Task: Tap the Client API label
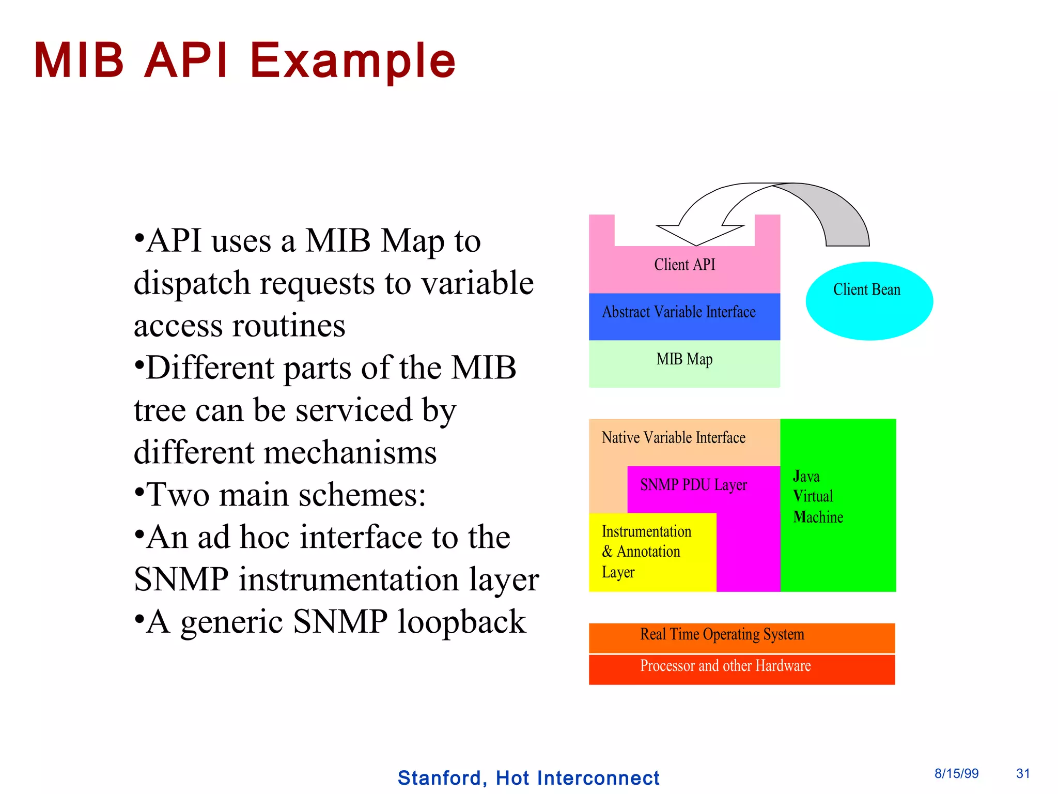tap(684, 265)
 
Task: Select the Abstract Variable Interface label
tap(678, 312)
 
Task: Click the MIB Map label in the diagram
tap(684, 359)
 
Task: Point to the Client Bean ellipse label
tap(866, 289)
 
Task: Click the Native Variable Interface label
tap(673, 438)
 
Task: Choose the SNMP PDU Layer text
tap(693, 485)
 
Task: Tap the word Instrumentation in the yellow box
tap(646, 531)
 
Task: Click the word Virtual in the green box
tap(813, 496)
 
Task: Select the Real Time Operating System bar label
tap(722, 634)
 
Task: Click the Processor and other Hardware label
tap(725, 666)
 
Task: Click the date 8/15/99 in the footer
tap(956, 773)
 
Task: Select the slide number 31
tap(1023, 773)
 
